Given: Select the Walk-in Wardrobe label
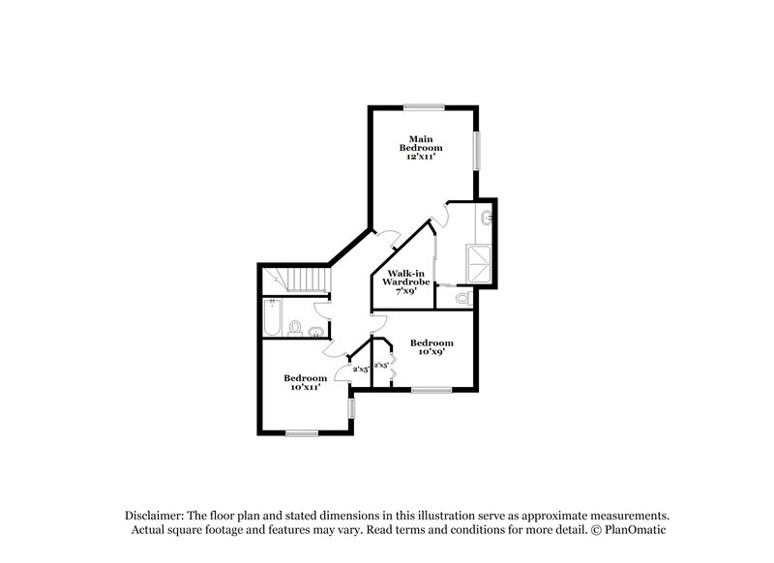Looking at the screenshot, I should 404,279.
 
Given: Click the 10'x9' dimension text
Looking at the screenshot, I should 431,353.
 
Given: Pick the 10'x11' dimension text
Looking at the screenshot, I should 304,387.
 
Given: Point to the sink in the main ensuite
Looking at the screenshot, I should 488,219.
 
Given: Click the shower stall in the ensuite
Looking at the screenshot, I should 479,261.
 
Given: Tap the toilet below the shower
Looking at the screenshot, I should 462,300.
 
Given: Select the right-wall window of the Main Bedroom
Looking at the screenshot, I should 476,152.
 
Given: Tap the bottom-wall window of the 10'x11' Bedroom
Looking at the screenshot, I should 302,432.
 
